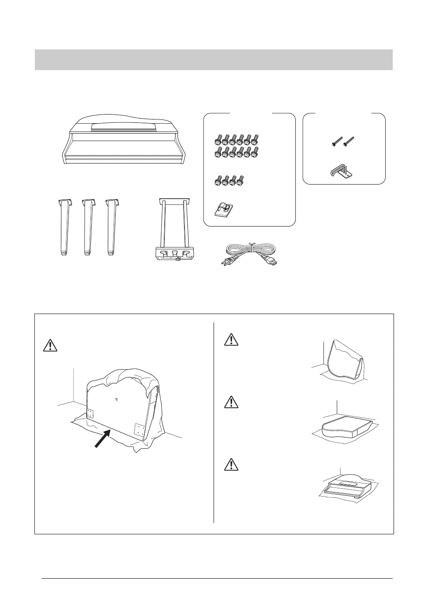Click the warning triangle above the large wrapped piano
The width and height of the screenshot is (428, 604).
50,345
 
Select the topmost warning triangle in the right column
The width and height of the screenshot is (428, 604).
229,340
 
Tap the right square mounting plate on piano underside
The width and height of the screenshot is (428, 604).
140,430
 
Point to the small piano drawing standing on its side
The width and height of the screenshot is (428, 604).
345,361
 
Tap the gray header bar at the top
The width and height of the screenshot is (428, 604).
214,60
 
